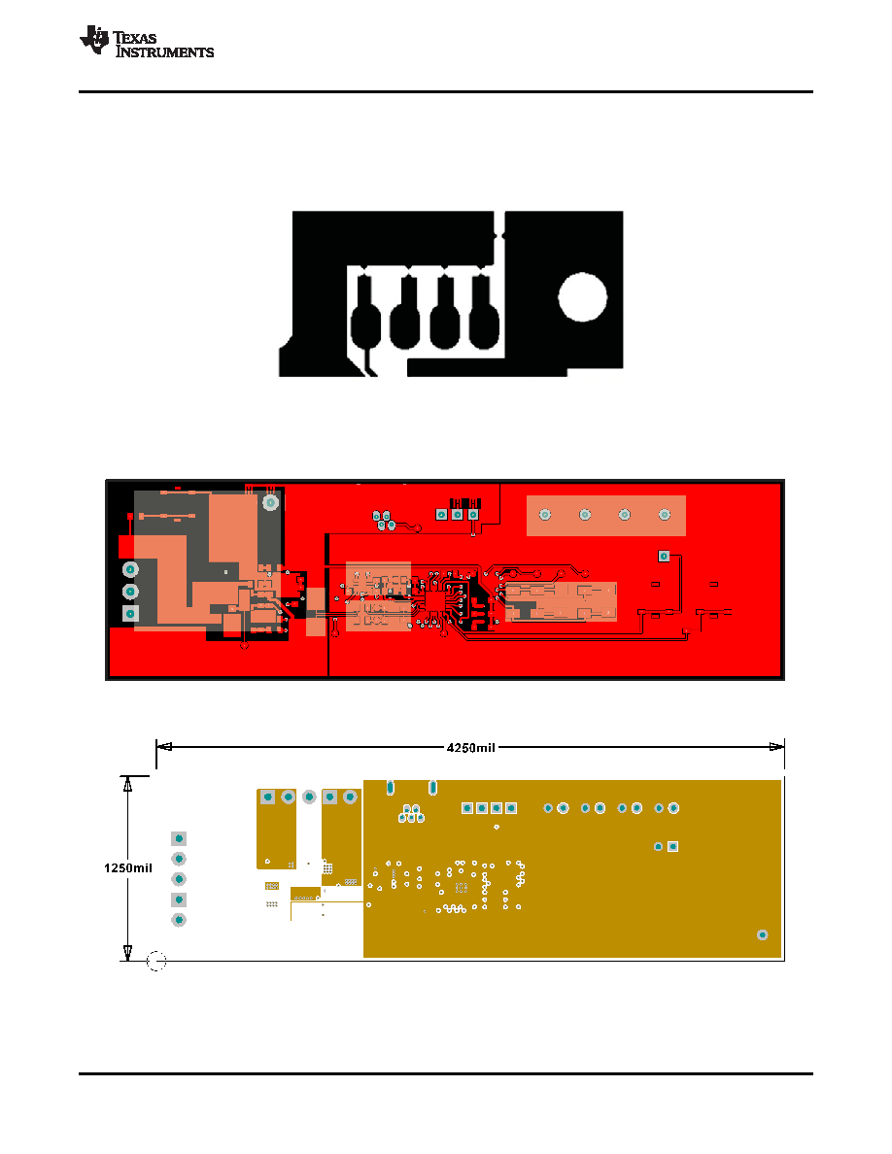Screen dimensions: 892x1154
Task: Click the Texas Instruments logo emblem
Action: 94,40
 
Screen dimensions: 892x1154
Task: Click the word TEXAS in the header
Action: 135,38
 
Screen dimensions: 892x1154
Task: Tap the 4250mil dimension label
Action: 471,748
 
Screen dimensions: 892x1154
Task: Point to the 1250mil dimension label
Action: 128,867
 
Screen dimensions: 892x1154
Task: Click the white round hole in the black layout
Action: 582,297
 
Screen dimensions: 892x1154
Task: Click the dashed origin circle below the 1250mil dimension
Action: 156,961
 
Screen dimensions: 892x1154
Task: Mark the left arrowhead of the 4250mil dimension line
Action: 164,746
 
